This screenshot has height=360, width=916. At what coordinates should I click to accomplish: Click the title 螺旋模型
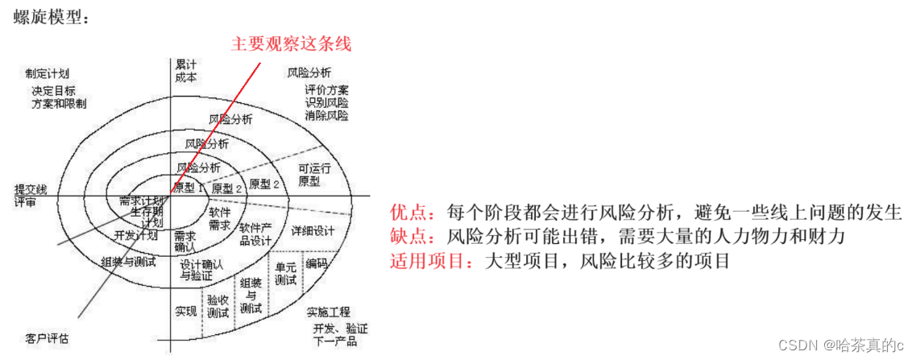pos(47,17)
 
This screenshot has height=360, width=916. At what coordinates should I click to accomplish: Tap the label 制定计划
pos(48,73)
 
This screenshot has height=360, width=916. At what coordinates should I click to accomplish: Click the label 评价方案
pos(326,89)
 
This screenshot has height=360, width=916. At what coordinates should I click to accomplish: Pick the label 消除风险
pos(326,115)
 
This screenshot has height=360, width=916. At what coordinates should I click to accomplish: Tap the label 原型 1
pos(189,188)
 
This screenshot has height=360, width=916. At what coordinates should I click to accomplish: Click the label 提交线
pos(31,188)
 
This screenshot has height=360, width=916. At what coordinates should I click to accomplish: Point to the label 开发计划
pos(135,235)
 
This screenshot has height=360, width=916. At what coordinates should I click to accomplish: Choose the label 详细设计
pos(313,231)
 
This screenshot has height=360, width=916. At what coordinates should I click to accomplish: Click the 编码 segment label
pos(316,263)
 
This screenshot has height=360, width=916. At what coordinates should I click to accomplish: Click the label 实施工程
pos(327,312)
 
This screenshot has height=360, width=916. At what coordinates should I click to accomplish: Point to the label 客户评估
pos(47,337)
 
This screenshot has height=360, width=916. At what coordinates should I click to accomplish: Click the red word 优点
pos(407,213)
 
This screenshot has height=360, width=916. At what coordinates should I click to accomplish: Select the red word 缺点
pos(407,237)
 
